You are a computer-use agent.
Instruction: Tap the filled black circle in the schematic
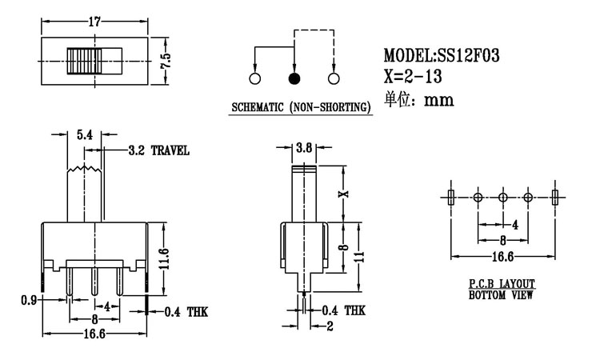pos(294,78)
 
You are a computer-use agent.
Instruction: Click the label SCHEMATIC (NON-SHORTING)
pos(301,106)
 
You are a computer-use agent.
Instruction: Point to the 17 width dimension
pos(94,22)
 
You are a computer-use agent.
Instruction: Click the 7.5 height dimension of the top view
pos(166,61)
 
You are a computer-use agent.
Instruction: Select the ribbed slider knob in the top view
pos(85,61)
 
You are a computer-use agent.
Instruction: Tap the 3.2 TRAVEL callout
pos(158,150)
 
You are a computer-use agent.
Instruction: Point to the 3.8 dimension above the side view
pos(303,148)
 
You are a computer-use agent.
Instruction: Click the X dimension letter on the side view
pos(345,194)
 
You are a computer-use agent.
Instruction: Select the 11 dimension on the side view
pos(361,257)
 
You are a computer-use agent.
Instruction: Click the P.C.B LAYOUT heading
pos(502,285)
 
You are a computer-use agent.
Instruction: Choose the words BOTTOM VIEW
pos(502,295)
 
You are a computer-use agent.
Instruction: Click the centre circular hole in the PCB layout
pos(503,197)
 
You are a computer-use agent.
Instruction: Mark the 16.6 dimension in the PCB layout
pos(503,256)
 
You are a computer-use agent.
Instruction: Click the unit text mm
pos(440,101)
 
